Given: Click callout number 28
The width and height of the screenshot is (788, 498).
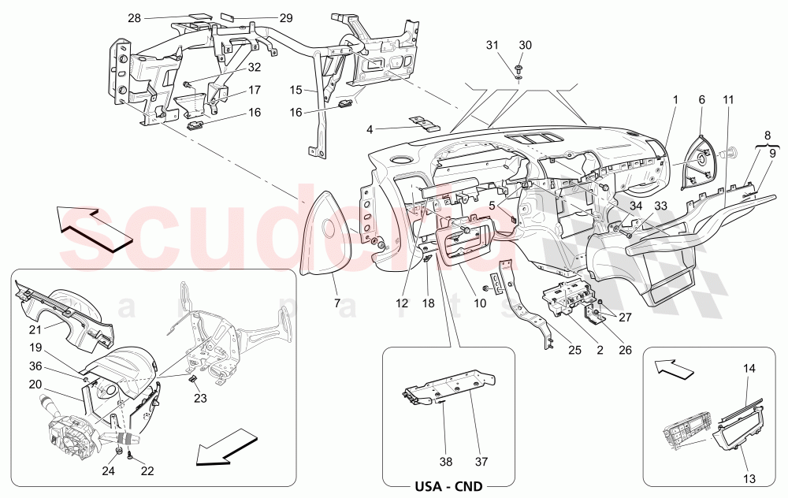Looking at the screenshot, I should (134, 17).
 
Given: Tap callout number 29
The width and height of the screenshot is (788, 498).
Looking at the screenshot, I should (285, 17).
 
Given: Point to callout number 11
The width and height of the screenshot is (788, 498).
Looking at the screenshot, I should (727, 100).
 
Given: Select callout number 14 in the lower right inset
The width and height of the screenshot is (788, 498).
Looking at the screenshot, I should (749, 369).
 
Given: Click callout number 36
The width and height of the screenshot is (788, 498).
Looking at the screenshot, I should (36, 366).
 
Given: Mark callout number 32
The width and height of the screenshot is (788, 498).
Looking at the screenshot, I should (232, 68).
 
